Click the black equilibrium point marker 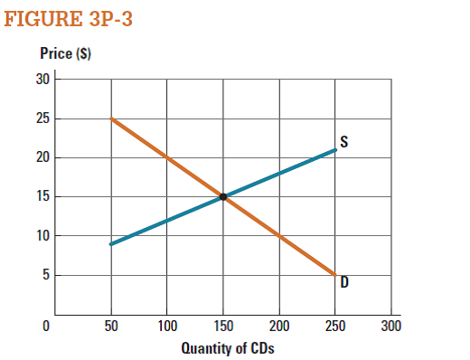tap(223, 196)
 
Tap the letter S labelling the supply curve tap(344, 141)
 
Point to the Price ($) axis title tap(65, 55)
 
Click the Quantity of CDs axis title tap(226, 348)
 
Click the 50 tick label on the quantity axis tap(112, 325)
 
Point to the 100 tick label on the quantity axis tap(167, 325)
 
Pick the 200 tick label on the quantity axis tap(279, 325)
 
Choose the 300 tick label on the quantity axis tap(391, 325)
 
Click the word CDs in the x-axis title tap(260, 348)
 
